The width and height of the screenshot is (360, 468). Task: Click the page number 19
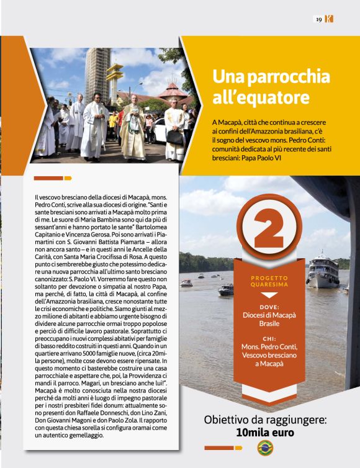pyautogui.click(x=318, y=19)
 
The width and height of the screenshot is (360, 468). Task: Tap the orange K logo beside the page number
pyautogui.click(x=329, y=19)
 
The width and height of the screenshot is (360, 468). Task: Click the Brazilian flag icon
pyautogui.click(x=265, y=447)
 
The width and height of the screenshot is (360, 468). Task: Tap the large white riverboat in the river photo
pyautogui.click(x=323, y=269)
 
